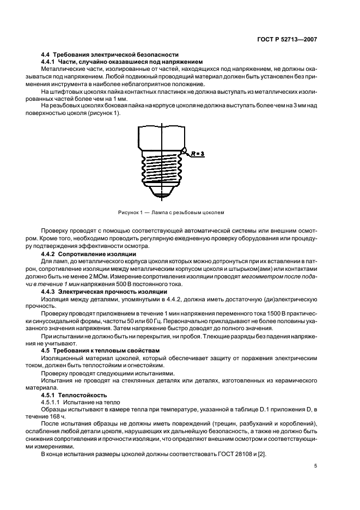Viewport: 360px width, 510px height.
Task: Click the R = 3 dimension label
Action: click(x=198, y=155)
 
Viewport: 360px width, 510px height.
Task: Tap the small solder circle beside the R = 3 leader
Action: click(x=186, y=151)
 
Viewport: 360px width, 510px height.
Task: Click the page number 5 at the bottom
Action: click(x=315, y=466)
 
